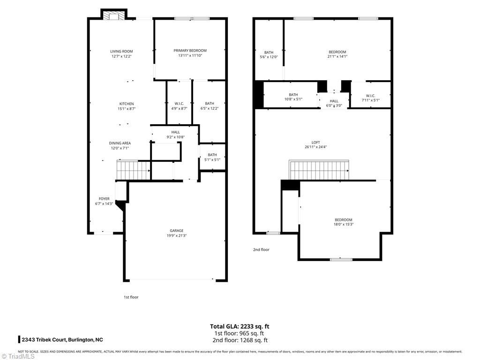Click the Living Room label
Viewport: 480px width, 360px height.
(121, 52)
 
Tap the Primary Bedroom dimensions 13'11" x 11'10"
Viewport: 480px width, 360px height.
(190, 56)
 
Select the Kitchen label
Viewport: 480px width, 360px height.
(126, 104)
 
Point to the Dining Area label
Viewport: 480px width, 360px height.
(120, 143)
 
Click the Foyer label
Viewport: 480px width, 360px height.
(104, 199)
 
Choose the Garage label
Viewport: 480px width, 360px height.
(176, 231)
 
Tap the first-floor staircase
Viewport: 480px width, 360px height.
(133, 170)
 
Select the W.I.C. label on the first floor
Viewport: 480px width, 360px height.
(179, 104)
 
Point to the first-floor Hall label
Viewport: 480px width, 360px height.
(175, 132)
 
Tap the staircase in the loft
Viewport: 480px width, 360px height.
(319, 170)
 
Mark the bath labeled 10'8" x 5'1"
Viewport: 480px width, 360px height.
(293, 95)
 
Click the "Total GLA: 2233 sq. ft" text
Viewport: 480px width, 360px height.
(240, 326)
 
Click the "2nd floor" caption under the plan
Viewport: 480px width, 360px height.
(261, 250)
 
